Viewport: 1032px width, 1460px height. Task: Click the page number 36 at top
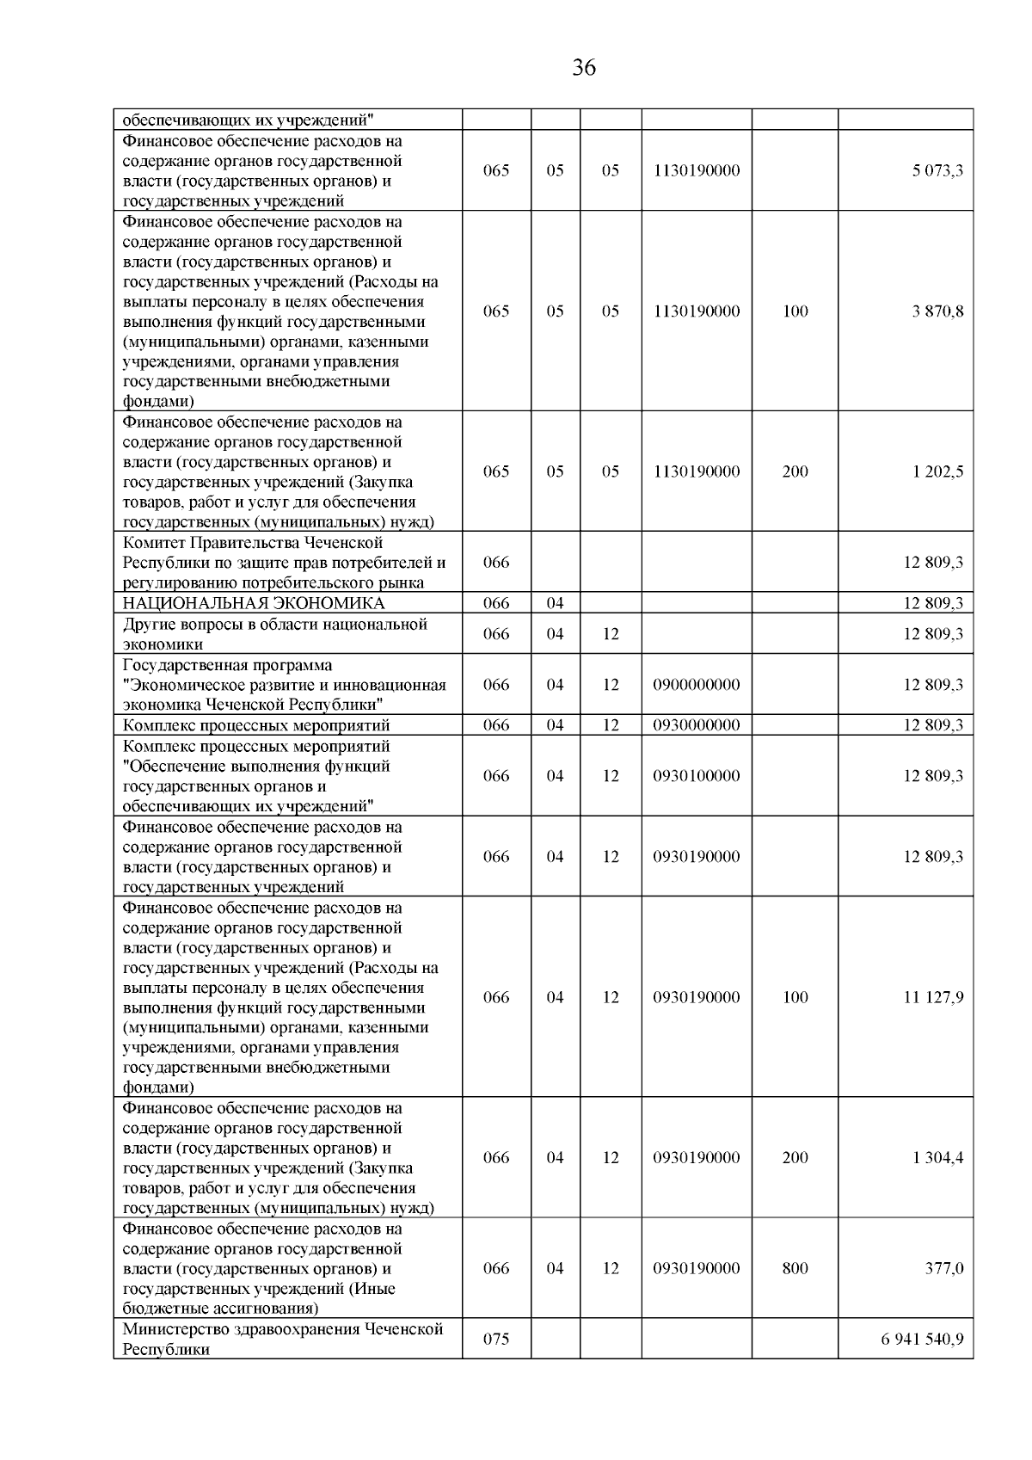[584, 68]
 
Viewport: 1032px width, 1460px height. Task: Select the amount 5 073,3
[937, 170]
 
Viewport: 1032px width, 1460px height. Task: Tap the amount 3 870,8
[937, 311]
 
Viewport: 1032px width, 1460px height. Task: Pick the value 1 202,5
[937, 471]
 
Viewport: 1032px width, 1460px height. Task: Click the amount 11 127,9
[933, 997]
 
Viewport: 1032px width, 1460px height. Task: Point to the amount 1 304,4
[937, 1157]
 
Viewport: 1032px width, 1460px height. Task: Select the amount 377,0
[943, 1268]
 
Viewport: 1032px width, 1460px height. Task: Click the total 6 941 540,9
[922, 1339]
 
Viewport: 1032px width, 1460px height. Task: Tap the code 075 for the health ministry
[496, 1339]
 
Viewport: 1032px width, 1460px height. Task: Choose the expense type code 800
[795, 1268]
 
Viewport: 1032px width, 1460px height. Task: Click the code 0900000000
[696, 685]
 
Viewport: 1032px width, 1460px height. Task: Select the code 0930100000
[696, 776]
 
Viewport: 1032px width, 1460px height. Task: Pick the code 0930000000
[696, 725]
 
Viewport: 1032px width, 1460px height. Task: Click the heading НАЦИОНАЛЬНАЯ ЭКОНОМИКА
[254, 603]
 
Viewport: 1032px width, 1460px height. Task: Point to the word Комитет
[153, 543]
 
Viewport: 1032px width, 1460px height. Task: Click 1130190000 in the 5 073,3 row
[696, 170]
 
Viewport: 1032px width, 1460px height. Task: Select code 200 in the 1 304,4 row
[795, 1157]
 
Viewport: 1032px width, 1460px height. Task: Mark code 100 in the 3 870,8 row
[795, 311]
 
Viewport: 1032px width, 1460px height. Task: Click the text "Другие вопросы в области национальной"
[275, 624]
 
